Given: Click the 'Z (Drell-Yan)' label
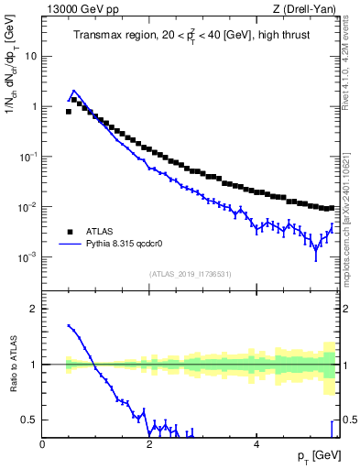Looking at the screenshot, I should (x=309, y=9).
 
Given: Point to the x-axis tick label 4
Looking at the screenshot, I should (x=256, y=444).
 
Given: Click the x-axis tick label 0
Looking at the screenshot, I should (x=42, y=444).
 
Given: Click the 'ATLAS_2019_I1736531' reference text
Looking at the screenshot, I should (x=191, y=273).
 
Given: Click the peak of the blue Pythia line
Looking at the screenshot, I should (x=73, y=92).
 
